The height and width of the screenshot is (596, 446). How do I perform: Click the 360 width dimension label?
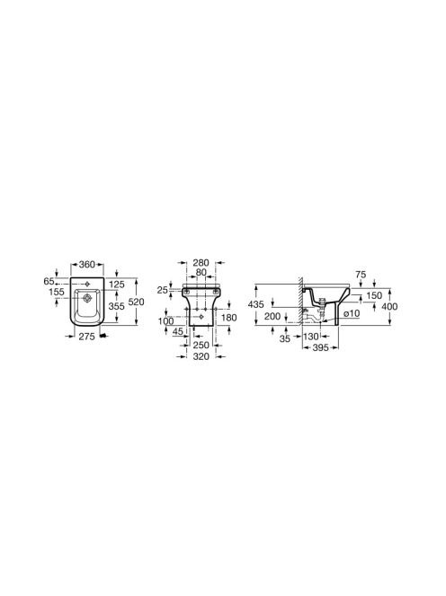pos(87,264)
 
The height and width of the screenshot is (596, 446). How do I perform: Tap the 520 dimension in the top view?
pos(137,302)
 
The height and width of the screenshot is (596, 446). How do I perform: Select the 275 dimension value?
pos(87,337)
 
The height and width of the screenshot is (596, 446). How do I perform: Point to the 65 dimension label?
pos(49,282)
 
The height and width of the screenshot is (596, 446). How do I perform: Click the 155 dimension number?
pos(57,292)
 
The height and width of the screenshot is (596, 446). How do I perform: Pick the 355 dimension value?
pos(116,306)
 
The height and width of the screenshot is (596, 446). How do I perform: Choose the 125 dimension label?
pos(117,285)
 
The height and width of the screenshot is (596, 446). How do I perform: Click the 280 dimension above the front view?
pos(201,263)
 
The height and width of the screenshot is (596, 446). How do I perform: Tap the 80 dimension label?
pos(201,272)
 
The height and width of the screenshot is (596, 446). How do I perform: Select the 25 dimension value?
pos(163,290)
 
